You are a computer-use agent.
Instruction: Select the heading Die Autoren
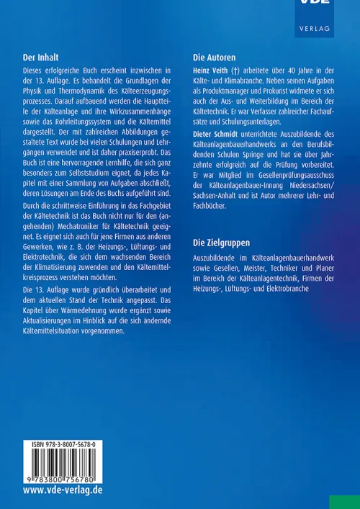[x=215, y=56]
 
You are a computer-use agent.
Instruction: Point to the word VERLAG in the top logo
[x=314, y=28]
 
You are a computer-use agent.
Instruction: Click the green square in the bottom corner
[x=344, y=501]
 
